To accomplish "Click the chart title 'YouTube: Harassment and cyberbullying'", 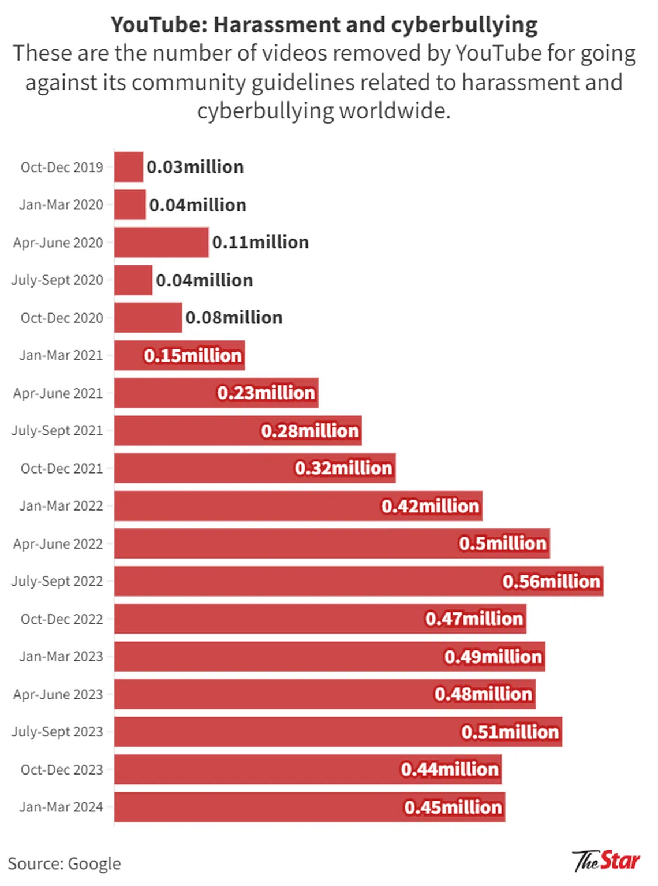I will [x=324, y=25].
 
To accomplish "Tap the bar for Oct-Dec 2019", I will [x=128, y=167].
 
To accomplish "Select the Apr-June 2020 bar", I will [x=161, y=242].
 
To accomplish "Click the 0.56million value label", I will [x=551, y=581].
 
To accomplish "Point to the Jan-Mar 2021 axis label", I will [x=61, y=355].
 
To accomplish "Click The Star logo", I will [x=606, y=861].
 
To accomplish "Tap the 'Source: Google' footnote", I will [x=64, y=863].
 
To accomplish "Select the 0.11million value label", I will [x=260, y=242].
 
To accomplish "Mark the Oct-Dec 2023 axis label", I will [x=62, y=769].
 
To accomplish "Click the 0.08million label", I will [x=234, y=318].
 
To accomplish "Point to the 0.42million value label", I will [x=430, y=506].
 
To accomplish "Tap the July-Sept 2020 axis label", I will [x=57, y=280].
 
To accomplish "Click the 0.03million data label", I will [x=195, y=167].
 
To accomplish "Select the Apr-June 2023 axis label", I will [x=58, y=694].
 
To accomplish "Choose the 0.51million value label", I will [x=510, y=732].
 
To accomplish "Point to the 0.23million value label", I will [x=266, y=393].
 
